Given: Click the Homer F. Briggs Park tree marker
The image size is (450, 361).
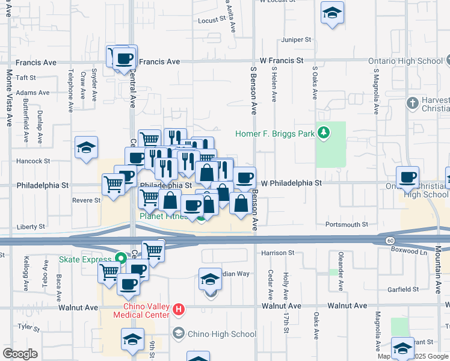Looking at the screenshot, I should pyautogui.click(x=324, y=132).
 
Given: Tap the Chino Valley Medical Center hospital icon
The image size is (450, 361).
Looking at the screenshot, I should pyautogui.click(x=179, y=310).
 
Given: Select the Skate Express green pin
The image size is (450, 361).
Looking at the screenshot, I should pyautogui.click(x=120, y=259).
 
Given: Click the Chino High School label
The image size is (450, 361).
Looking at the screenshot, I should pyautogui.click(x=222, y=334).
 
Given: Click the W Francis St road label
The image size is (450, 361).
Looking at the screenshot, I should pyautogui.click(x=282, y=61).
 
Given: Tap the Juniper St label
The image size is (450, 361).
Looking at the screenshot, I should pyautogui.click(x=296, y=40).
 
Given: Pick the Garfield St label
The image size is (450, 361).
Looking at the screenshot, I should pyautogui.click(x=403, y=289).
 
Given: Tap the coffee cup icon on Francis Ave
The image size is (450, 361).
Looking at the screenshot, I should pyautogui.click(x=125, y=58).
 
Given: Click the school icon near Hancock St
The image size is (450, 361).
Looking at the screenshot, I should pyautogui.click(x=86, y=148).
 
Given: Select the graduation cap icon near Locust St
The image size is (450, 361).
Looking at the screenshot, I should pyautogui.click(x=331, y=13).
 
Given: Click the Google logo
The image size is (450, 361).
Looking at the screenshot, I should pyautogui.click(x=20, y=354).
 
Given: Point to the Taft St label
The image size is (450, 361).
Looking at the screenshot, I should pyautogui.click(x=26, y=78).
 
